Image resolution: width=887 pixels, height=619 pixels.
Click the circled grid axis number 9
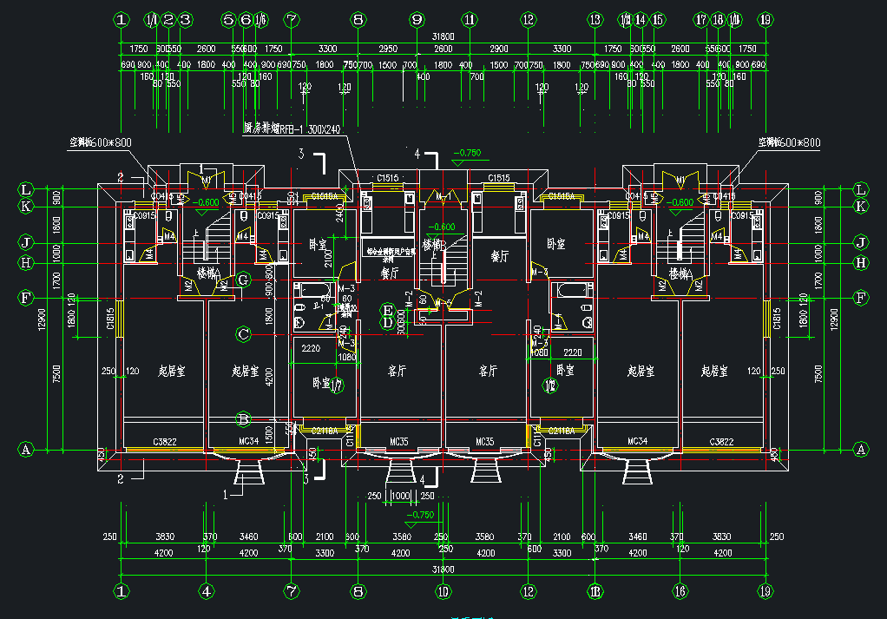[x=417, y=18]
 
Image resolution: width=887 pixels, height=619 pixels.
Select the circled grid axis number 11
[x=470, y=18]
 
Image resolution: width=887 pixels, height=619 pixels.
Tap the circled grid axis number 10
[x=443, y=591]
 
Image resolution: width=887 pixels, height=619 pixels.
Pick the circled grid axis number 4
[x=206, y=591]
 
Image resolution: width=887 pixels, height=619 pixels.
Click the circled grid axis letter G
[x=244, y=280]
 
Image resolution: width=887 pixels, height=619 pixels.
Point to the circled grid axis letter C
[x=244, y=333]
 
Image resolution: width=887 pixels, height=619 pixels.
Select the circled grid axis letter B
[x=244, y=419]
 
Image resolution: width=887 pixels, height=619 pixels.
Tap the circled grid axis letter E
[x=388, y=310]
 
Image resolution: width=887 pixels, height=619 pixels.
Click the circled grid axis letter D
[x=388, y=323]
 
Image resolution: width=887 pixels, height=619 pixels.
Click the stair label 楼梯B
[x=432, y=245]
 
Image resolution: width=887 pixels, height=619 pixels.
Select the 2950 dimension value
[x=388, y=49]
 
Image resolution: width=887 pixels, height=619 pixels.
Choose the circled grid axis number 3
[x=185, y=18]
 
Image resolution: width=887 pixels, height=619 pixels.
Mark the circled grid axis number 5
[x=228, y=18]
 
